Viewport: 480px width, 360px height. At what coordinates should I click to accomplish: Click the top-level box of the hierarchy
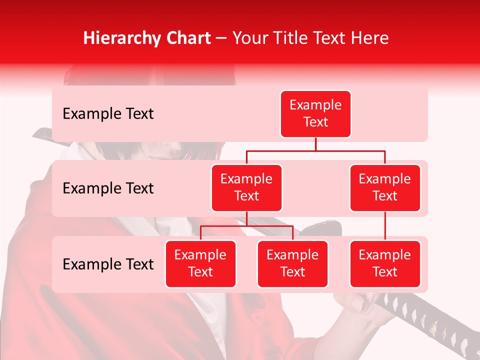click(315, 113)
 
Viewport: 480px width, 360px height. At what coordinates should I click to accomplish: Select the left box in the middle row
click(246, 187)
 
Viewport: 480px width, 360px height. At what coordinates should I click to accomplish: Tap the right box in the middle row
click(385, 187)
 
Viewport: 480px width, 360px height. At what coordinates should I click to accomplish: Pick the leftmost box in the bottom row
click(200, 263)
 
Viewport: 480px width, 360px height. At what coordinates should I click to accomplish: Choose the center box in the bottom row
click(292, 263)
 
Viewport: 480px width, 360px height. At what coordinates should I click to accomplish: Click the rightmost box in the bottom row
click(385, 263)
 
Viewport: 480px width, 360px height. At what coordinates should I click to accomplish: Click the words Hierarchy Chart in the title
click(147, 38)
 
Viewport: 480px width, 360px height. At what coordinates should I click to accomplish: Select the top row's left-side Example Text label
click(108, 114)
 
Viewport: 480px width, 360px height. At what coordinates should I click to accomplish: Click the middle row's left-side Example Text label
click(108, 188)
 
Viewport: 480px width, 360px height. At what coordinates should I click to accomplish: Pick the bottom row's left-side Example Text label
click(108, 264)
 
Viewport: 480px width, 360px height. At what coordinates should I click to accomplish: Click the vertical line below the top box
click(315, 144)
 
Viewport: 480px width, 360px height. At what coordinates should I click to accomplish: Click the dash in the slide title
click(221, 38)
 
